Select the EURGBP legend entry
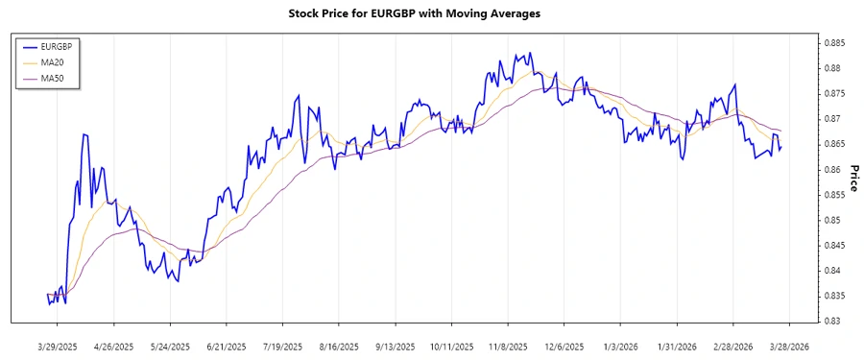coord(55,46)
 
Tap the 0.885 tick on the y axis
coord(831,43)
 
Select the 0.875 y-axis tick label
coord(831,94)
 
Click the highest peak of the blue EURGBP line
coord(530,53)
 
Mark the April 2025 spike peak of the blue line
coord(84,134)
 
